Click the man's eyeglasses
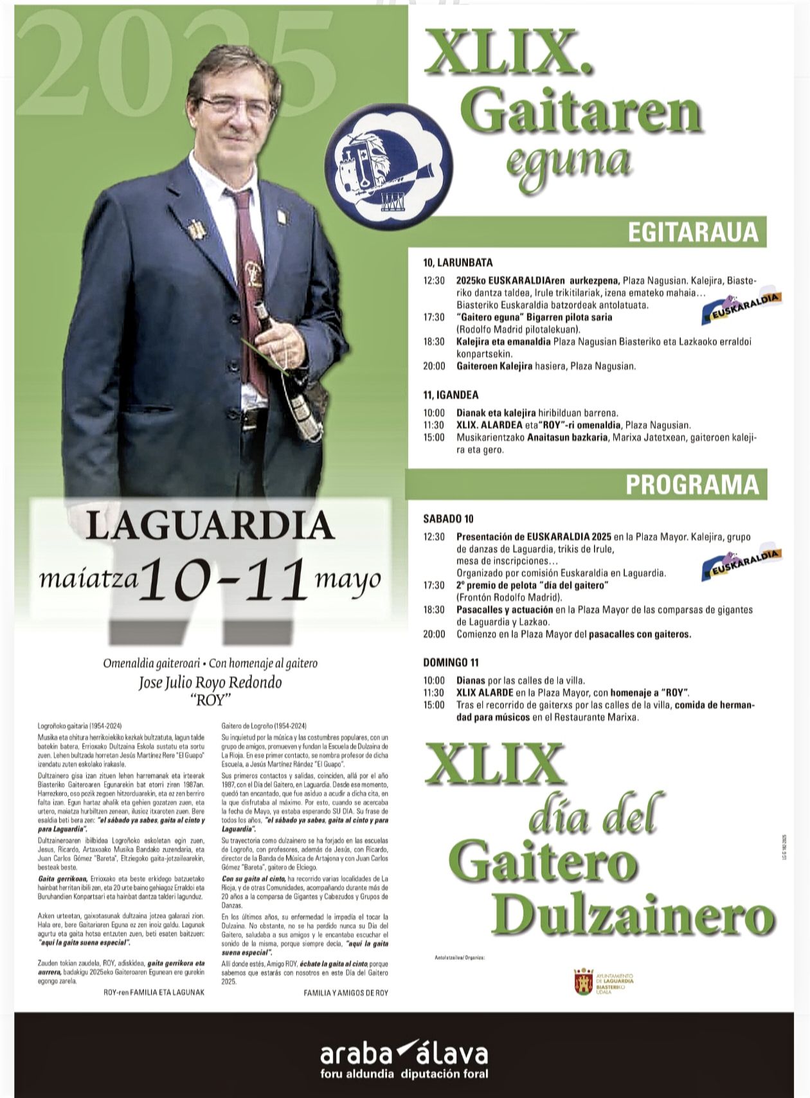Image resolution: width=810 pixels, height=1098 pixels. click(235, 105)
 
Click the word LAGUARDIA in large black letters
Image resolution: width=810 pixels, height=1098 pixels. click(210, 526)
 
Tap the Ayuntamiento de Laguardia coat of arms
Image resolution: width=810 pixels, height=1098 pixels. click(584, 981)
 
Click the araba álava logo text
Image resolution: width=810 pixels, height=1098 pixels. click(404, 1055)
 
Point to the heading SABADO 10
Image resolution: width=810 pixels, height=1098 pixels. click(448, 519)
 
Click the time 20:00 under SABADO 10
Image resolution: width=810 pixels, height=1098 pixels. click(434, 634)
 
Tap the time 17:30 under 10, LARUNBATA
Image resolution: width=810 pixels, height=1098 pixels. click(434, 317)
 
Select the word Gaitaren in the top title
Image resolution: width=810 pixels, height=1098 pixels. click(584, 112)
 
